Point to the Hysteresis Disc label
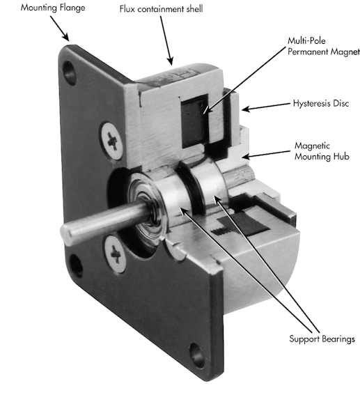coord(320,104)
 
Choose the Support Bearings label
coord(322,339)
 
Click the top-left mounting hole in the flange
coord(68,70)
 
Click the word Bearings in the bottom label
coord(336,339)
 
